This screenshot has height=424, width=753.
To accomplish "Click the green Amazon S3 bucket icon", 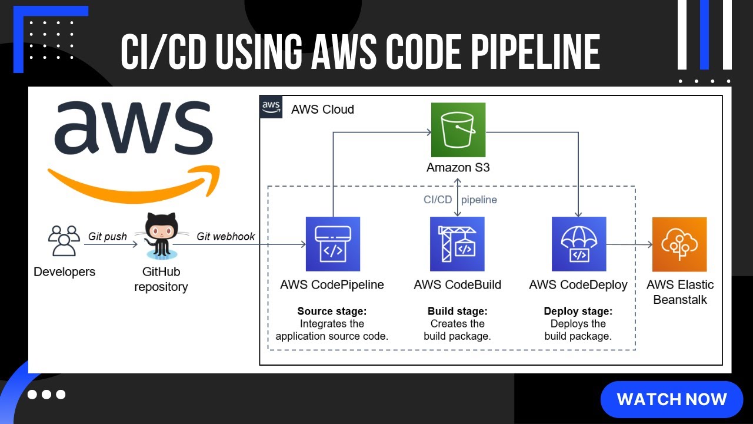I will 458,130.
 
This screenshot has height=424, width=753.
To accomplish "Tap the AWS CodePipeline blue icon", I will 332,244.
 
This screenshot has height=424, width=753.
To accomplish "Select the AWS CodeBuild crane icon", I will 457,244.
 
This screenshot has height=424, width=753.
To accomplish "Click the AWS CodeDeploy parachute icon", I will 579,244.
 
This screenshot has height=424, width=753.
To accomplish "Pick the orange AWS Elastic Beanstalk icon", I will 679,244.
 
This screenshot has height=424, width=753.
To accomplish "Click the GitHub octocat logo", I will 161,236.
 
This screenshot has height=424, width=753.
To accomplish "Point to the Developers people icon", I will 64,241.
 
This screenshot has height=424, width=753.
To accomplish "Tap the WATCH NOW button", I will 672,399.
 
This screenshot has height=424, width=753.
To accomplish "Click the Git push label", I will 108,236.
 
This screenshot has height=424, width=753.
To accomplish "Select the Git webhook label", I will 226,236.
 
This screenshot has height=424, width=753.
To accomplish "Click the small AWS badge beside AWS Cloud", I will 271,107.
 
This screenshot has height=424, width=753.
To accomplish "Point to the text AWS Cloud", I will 322,110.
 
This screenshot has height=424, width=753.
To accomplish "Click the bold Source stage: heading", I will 332,311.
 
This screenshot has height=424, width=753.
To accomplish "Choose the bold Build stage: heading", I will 457,311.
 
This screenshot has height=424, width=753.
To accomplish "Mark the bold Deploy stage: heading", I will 578,311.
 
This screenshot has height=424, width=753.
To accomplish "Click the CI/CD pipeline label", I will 460,200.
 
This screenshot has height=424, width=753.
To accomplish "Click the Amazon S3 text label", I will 458,167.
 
